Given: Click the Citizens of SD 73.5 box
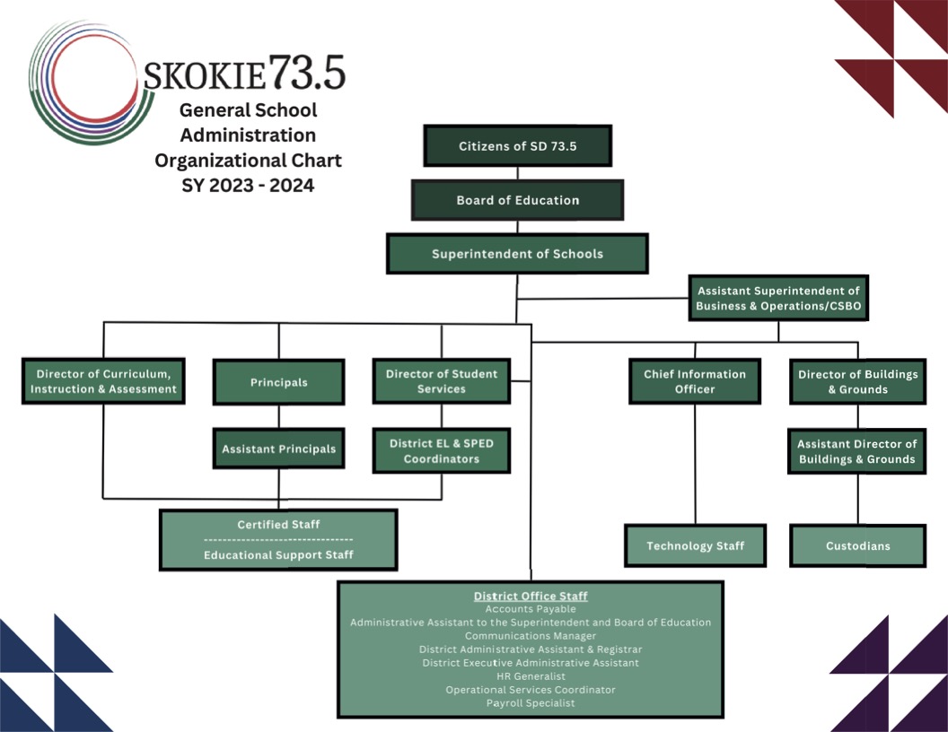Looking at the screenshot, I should (x=517, y=146).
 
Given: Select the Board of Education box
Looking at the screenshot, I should (x=517, y=200).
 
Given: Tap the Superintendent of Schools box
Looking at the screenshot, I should (x=517, y=254).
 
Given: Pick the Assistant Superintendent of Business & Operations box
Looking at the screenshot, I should (x=778, y=299).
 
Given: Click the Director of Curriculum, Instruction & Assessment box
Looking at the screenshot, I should (x=103, y=381).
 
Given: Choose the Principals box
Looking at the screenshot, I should (x=278, y=382).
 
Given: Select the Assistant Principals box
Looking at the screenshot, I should (x=278, y=449).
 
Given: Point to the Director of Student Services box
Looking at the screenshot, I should (x=441, y=381).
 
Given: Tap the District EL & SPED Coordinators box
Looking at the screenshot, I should (x=441, y=450).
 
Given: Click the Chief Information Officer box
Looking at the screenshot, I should (x=695, y=381).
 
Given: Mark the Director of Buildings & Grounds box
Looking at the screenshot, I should (x=857, y=381).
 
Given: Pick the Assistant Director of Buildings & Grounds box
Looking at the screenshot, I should (x=857, y=451).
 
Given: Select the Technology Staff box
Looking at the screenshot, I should (x=695, y=545).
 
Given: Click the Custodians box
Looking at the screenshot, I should (x=857, y=545).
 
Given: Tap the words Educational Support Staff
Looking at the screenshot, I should (x=278, y=555).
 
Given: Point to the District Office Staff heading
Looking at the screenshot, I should (x=531, y=596).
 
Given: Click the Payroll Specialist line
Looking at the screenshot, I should (x=531, y=703).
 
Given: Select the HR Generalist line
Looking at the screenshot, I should (x=531, y=676).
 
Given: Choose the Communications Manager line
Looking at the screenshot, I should (x=531, y=636).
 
